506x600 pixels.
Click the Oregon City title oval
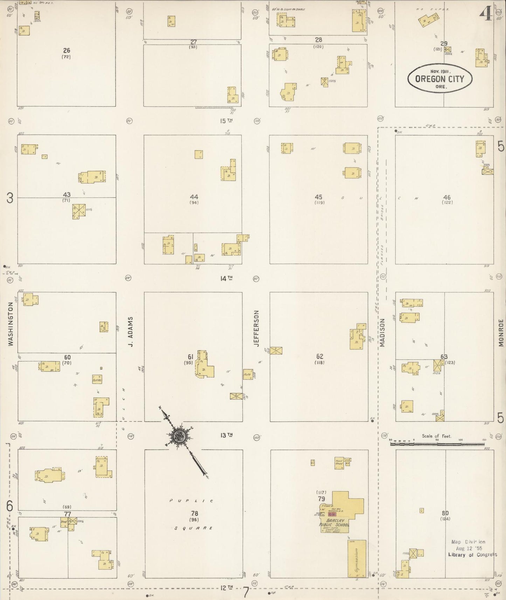click(440, 78)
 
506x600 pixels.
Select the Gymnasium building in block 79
click(357, 558)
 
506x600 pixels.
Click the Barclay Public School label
click(334, 523)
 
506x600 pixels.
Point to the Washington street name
click(11, 324)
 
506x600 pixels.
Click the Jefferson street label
click(256, 328)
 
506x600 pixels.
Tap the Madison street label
click(382, 333)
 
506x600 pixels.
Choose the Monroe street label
click(501, 333)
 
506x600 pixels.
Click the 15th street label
click(226, 121)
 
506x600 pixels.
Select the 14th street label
click(226, 278)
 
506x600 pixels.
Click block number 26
click(67, 51)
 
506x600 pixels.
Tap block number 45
click(319, 197)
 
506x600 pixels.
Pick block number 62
click(319, 356)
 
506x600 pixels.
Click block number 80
click(445, 513)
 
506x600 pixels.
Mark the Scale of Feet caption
click(436, 436)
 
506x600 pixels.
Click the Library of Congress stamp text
click(472, 554)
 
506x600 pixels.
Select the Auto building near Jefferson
click(248, 374)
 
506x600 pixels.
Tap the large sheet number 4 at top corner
click(486, 14)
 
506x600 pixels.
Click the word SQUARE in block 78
click(194, 528)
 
